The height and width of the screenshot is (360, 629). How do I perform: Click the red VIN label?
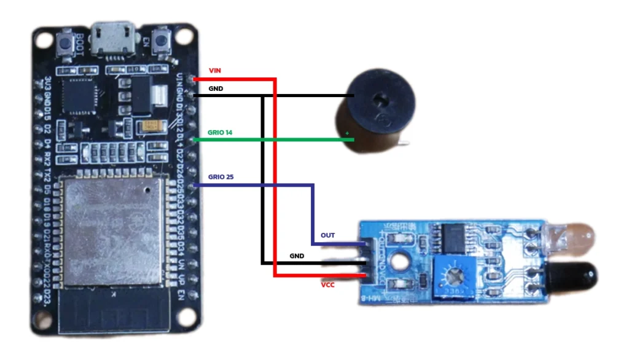click(x=215, y=71)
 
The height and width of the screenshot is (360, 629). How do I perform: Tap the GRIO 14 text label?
click(x=221, y=133)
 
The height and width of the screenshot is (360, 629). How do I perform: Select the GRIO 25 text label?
click(x=221, y=177)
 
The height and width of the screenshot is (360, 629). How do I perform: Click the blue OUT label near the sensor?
click(x=328, y=236)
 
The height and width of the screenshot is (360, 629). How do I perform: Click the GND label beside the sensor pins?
click(x=297, y=256)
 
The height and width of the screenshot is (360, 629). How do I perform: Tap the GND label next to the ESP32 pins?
click(x=216, y=88)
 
